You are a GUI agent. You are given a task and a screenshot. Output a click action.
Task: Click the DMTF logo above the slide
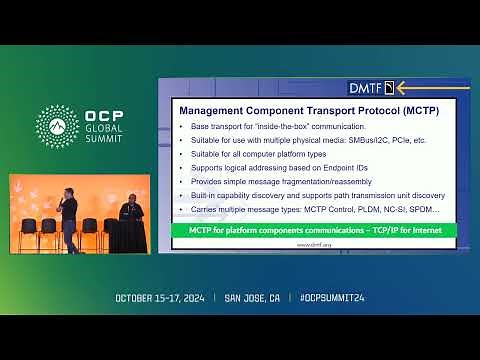pyautogui.click(x=370, y=87)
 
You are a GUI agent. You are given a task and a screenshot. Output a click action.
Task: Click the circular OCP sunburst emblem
pyautogui.click(x=56, y=125)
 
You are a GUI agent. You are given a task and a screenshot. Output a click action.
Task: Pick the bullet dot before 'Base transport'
pyautogui.click(x=181, y=127)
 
